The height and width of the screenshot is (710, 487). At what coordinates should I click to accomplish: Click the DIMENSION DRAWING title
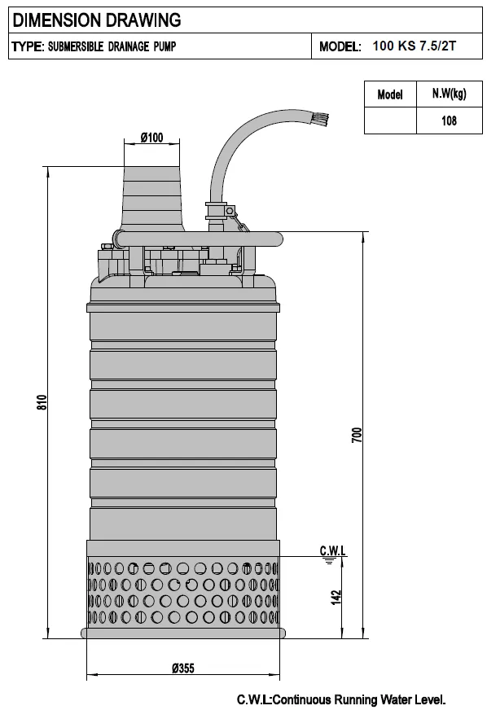pos(95,20)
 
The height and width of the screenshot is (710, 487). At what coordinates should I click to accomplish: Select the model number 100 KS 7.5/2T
pos(414,46)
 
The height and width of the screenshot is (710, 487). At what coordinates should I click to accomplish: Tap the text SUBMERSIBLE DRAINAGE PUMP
pos(111,47)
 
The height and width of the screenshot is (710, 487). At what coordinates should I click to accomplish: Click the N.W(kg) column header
pos(448,94)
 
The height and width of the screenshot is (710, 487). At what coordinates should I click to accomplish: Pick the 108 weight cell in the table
pos(448,121)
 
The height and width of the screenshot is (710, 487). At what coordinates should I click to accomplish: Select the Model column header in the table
pos(390,94)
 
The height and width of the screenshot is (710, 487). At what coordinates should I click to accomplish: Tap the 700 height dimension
pos(356,435)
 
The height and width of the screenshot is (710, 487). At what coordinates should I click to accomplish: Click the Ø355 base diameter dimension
pos(183,668)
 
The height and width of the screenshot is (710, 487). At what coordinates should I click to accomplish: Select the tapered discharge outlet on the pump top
pos(151,195)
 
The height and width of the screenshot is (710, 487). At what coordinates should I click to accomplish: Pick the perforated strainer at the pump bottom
pos(183,593)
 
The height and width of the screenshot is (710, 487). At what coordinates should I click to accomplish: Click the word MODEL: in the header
pos(340,47)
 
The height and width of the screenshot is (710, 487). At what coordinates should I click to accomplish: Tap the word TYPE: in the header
pos(27,47)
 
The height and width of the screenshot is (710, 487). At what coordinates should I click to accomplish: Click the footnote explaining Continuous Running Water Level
pos(341,699)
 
